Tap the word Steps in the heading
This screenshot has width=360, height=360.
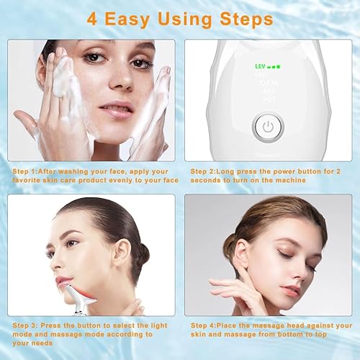[245, 18]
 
